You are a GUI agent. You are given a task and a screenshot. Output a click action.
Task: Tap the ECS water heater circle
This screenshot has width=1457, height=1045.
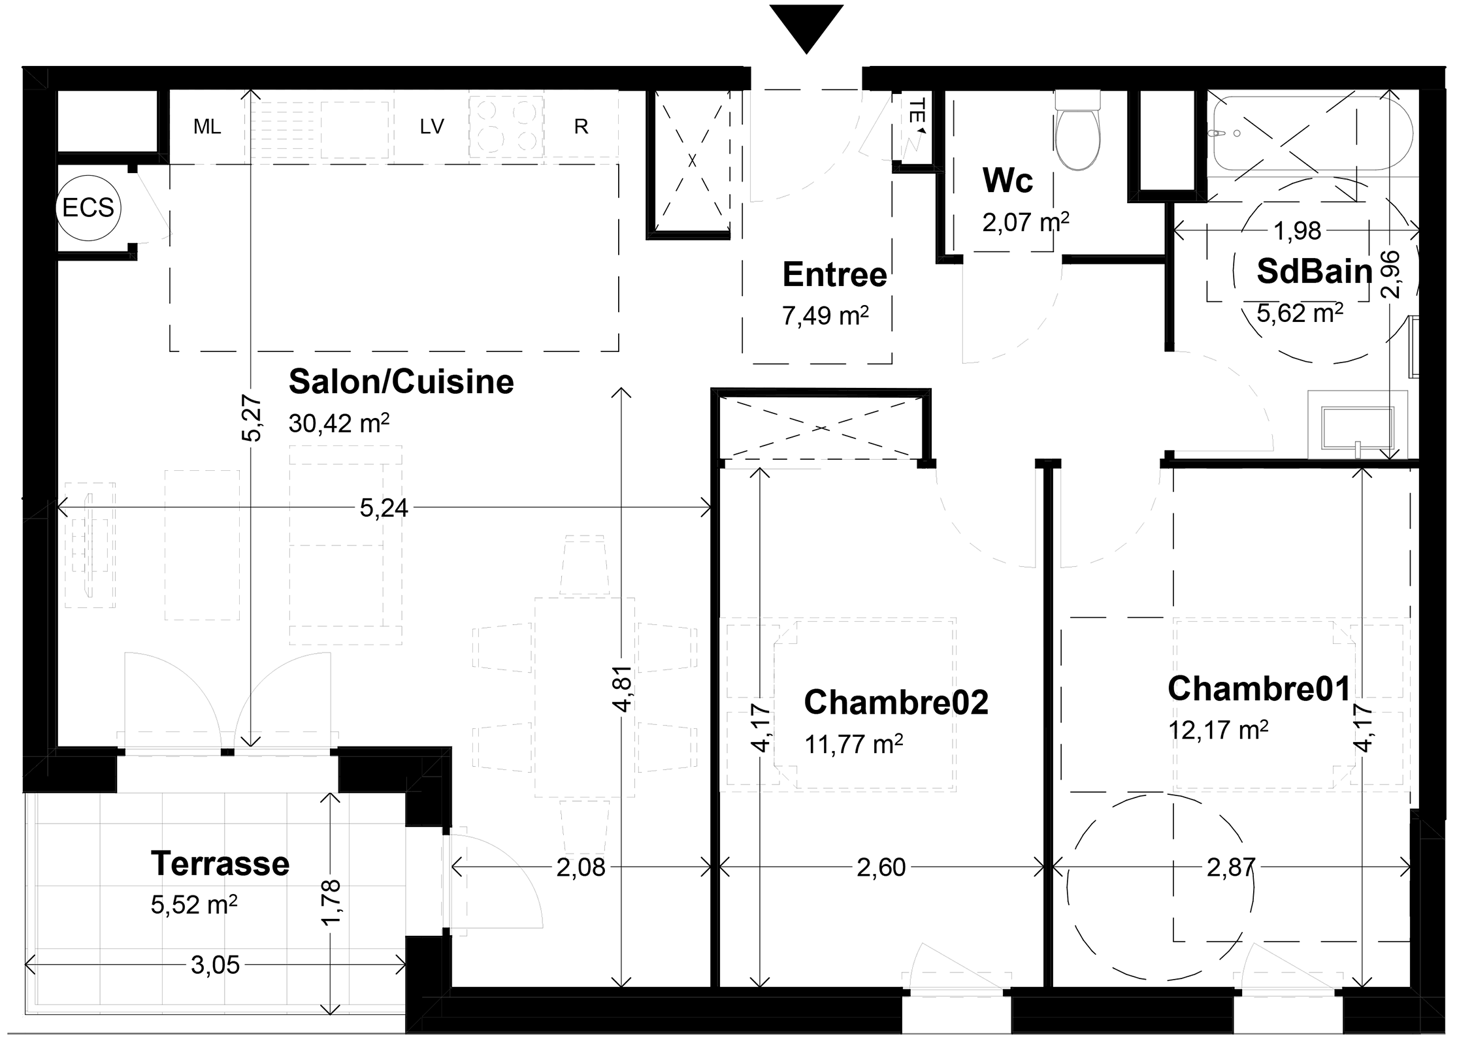tap(88, 208)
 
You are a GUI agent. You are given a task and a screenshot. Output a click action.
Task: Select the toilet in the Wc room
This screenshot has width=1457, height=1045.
tap(1077, 130)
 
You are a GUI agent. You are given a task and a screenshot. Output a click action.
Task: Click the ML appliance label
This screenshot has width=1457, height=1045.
tap(207, 127)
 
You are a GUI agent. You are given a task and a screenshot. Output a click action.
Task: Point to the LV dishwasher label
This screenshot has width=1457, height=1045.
tap(432, 127)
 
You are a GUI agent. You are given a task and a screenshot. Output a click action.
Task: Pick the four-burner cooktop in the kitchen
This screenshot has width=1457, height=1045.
tap(506, 127)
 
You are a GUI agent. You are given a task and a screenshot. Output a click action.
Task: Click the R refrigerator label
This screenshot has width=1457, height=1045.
tap(581, 127)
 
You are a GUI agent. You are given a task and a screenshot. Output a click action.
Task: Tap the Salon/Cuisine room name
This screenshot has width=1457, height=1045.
tap(401, 381)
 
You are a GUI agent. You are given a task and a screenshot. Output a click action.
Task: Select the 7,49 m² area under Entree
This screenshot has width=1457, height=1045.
tap(825, 316)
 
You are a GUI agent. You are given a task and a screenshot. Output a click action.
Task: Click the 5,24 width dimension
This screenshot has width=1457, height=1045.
tap(384, 507)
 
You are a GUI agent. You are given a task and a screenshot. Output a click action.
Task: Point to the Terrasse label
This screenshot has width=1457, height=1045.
tap(220, 863)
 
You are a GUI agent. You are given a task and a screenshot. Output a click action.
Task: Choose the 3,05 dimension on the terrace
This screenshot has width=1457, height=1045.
tap(215, 965)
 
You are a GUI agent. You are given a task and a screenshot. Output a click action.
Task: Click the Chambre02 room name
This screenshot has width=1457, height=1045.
tap(896, 702)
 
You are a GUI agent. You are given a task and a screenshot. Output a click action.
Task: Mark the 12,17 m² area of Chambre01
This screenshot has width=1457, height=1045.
tap(1218, 730)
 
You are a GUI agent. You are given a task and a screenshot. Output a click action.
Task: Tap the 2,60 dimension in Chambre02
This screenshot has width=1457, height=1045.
tap(881, 867)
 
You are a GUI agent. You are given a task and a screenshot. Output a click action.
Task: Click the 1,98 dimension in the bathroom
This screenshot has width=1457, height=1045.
tap(1297, 231)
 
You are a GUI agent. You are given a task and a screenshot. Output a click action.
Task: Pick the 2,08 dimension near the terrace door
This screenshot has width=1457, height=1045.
tap(581, 867)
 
